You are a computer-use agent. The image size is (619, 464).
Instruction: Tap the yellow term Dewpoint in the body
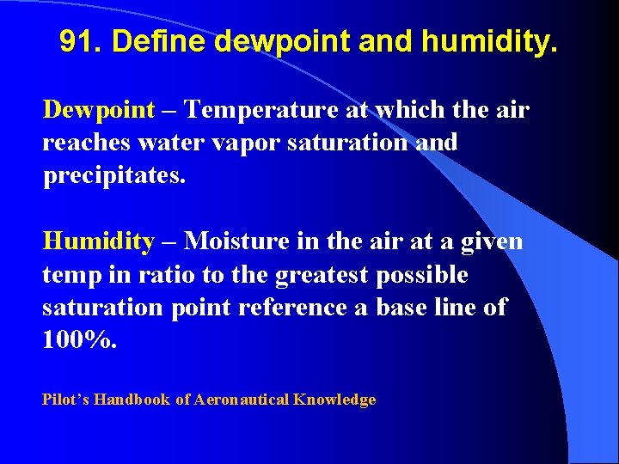point(99,111)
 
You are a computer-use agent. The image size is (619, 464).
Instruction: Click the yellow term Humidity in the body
point(98,242)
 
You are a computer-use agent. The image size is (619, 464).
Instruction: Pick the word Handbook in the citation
point(133,400)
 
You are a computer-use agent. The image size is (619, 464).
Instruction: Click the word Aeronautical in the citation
point(242,400)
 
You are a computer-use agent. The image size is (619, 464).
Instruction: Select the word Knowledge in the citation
point(335,400)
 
